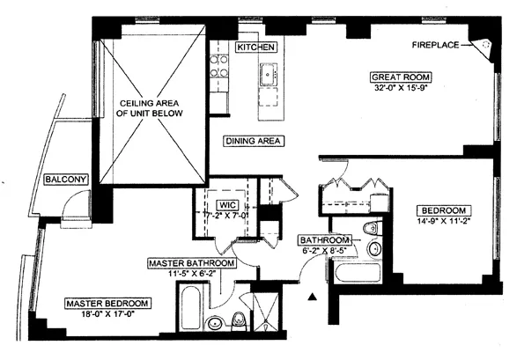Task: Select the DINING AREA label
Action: click(x=253, y=141)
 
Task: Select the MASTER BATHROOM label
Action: click(x=192, y=263)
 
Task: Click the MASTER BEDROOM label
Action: click(x=106, y=303)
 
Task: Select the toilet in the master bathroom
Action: click(x=238, y=318)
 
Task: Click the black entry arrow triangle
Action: click(x=310, y=299)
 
